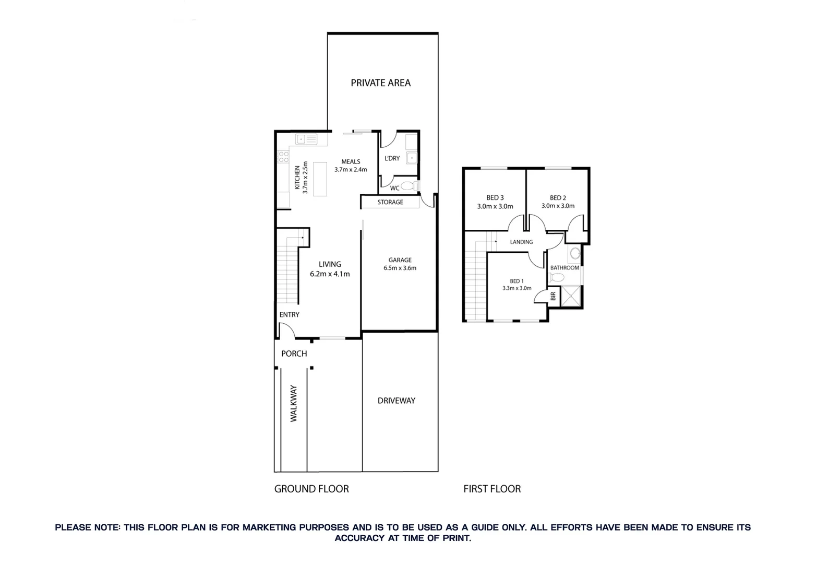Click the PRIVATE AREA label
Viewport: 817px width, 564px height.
380,83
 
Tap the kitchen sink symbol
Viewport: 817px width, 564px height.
306,139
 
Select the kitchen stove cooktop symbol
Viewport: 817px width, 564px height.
283,157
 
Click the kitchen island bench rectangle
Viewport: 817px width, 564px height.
320,178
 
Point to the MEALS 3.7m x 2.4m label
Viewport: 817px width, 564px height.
351,166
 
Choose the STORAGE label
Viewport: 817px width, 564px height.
390,202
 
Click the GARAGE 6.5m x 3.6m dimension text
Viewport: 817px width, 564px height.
400,268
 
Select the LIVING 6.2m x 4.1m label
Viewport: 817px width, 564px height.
330,269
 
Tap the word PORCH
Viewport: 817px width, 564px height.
294,354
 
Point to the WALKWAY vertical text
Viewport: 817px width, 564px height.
294,404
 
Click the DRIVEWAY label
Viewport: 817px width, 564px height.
397,401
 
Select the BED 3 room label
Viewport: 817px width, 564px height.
495,202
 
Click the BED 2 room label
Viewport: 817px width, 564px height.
558,202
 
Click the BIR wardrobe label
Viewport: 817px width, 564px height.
554,296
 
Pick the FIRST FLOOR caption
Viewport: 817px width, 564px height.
492,489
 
